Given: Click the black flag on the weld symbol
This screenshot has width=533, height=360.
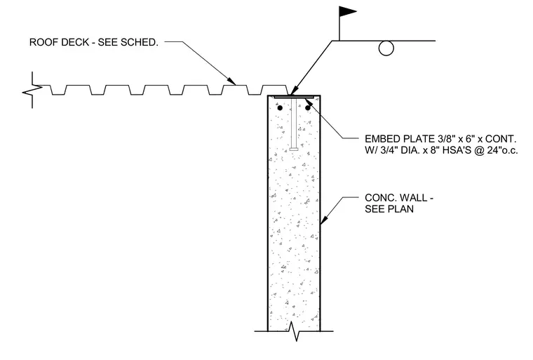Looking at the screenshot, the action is (346, 11).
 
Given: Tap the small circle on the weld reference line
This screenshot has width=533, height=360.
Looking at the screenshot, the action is (386, 48).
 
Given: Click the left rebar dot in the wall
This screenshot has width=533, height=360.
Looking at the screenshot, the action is (280, 108).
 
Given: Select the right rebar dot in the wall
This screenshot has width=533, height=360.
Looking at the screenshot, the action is (308, 108).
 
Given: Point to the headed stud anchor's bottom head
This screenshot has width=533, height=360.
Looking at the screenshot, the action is (294, 149).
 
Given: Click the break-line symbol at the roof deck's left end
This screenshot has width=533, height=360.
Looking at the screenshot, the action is (32, 90).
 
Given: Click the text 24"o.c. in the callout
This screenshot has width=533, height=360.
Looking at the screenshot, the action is (502, 150).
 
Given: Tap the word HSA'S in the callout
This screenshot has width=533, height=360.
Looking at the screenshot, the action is (455, 150).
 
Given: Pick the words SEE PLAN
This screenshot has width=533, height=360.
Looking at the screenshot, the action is (389, 208).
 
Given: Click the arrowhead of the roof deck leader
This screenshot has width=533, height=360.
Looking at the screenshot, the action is (231, 81).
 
